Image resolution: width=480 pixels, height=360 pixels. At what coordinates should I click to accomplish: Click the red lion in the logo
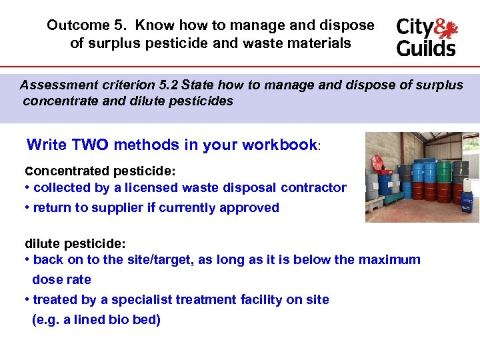click(x=446, y=29)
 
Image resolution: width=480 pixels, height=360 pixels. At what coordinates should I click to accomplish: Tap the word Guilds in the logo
click(x=426, y=49)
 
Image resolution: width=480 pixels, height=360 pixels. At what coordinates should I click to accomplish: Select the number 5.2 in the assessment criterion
click(x=167, y=85)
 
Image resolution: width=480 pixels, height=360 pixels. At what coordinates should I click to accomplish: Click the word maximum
click(x=389, y=260)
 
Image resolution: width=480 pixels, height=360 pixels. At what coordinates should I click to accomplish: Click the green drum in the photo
click(x=443, y=173)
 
